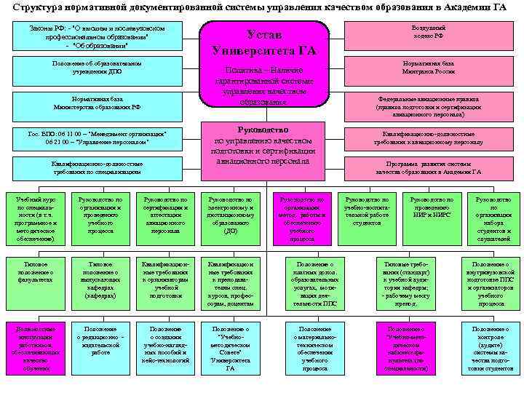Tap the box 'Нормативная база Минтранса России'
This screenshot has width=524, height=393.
[x=427, y=68]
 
